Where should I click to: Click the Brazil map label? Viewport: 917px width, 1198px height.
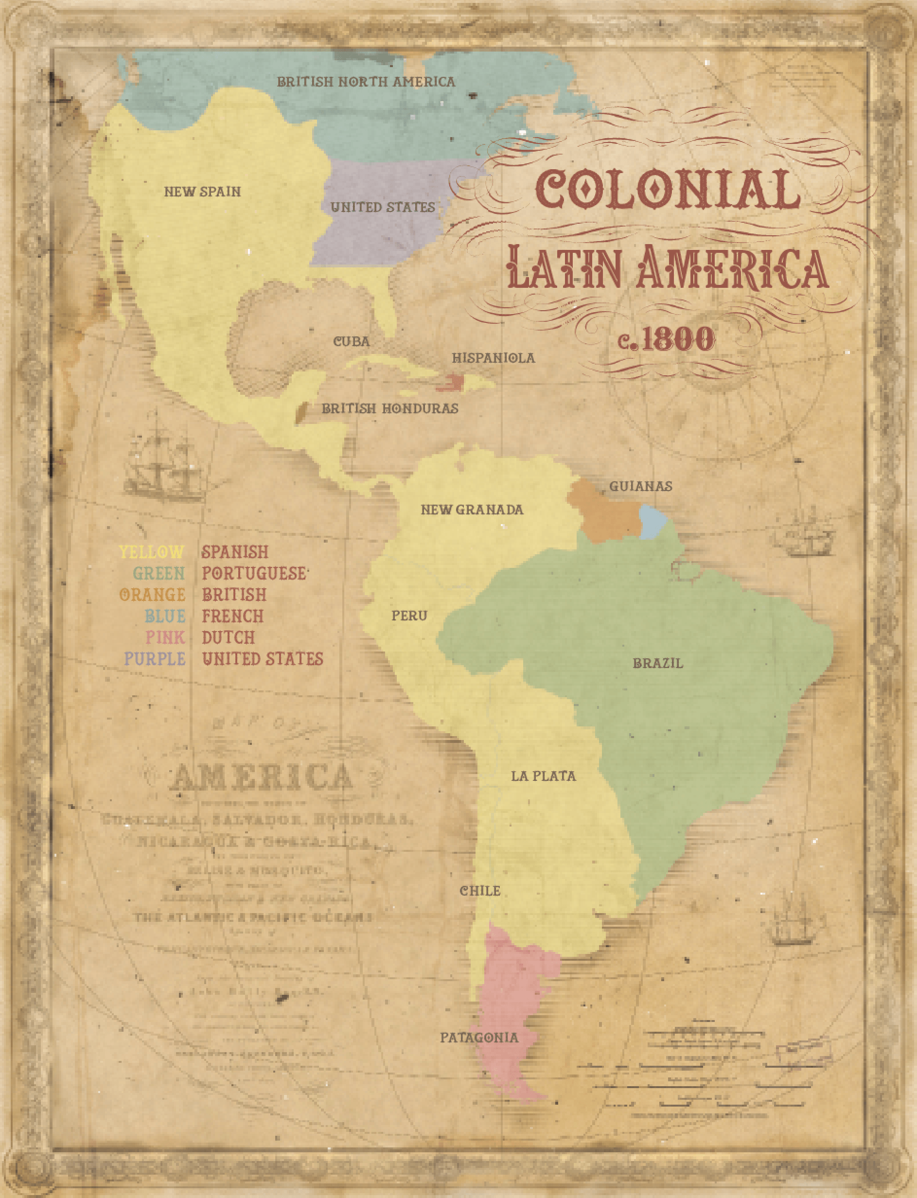[657, 663]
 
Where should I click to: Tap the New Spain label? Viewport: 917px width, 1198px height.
[202, 192]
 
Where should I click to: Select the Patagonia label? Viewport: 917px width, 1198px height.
[479, 1038]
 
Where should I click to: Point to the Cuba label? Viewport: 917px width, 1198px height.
[352, 342]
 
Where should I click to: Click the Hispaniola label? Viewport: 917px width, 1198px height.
[494, 358]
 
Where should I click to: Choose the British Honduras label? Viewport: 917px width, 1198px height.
[390, 409]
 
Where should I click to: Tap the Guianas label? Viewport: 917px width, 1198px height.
[640, 486]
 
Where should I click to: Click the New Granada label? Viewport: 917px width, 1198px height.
[472, 510]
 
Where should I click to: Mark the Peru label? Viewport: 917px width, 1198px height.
[409, 616]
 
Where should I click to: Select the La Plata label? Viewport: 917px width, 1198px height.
[543, 776]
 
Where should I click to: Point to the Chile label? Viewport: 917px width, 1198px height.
[480, 891]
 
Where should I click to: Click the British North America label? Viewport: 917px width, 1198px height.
[366, 82]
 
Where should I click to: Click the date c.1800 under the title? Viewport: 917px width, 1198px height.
[666, 339]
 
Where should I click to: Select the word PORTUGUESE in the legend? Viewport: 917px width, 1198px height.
[254, 573]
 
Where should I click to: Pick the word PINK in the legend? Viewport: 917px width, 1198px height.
[165, 637]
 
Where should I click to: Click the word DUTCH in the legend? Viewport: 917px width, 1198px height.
[228, 637]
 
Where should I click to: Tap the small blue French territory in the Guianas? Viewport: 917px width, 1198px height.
[652, 522]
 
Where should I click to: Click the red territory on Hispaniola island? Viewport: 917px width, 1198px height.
[451, 383]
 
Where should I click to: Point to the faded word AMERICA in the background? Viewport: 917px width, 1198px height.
[261, 777]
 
